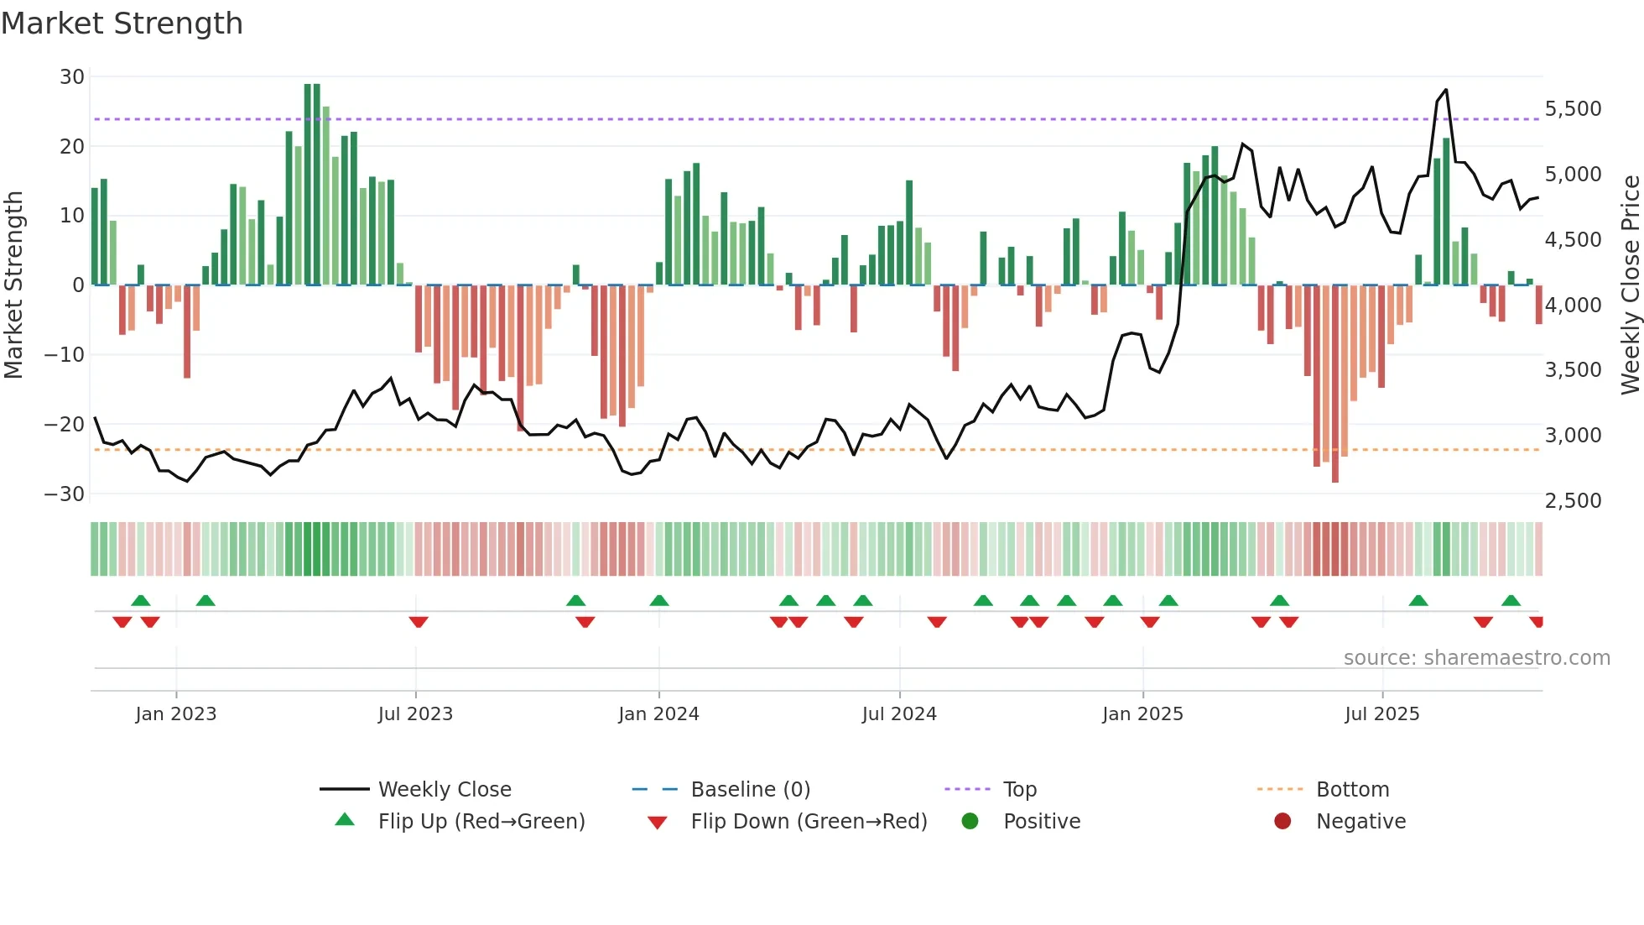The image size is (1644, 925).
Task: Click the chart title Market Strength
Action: pyautogui.click(x=122, y=23)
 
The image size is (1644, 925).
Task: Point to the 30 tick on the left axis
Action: pyautogui.click(x=72, y=77)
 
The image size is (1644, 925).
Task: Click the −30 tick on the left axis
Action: pyautogui.click(x=65, y=494)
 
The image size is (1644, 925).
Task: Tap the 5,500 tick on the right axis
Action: pyautogui.click(x=1573, y=109)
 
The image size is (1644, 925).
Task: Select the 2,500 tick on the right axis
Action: pyautogui.click(x=1573, y=501)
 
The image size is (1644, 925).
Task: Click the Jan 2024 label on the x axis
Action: pyautogui.click(x=658, y=714)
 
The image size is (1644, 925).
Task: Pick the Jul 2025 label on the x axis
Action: pyautogui.click(x=1381, y=714)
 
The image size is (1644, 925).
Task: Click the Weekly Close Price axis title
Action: pyautogui.click(x=1630, y=285)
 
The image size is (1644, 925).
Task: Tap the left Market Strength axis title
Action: pyautogui.click(x=14, y=285)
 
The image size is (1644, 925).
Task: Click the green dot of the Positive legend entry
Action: pyautogui.click(x=970, y=822)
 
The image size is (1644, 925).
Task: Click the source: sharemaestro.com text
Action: pyautogui.click(x=1476, y=658)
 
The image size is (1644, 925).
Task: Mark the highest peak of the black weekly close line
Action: pyautogui.click(x=1446, y=90)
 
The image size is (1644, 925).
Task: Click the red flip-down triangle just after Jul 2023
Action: pyautogui.click(x=419, y=622)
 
